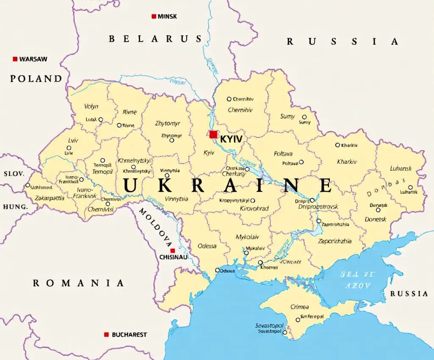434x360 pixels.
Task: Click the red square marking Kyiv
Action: tap(213, 134)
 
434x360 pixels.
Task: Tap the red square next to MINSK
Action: tap(153, 17)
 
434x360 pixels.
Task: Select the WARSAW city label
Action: tap(33, 59)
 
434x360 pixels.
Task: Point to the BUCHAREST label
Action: tap(129, 335)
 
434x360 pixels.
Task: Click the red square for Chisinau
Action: tap(172, 250)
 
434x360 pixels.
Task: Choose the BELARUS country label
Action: tap(155, 39)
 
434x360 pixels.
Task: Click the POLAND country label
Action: tap(36, 78)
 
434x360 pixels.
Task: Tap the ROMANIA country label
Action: tap(78, 283)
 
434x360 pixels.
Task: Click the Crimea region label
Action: tap(300, 307)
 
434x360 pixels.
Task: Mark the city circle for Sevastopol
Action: tap(285, 332)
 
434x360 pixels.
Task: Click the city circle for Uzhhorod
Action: tap(28, 185)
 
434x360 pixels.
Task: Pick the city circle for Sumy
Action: tap(304, 117)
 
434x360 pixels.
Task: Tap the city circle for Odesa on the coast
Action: tap(217, 270)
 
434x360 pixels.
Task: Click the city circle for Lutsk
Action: tap(101, 119)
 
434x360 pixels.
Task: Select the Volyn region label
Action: tap(91, 106)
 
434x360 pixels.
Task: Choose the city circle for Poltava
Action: tap(301, 162)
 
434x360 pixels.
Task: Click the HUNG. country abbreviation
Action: tap(15, 207)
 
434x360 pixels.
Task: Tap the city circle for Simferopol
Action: tap(298, 320)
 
